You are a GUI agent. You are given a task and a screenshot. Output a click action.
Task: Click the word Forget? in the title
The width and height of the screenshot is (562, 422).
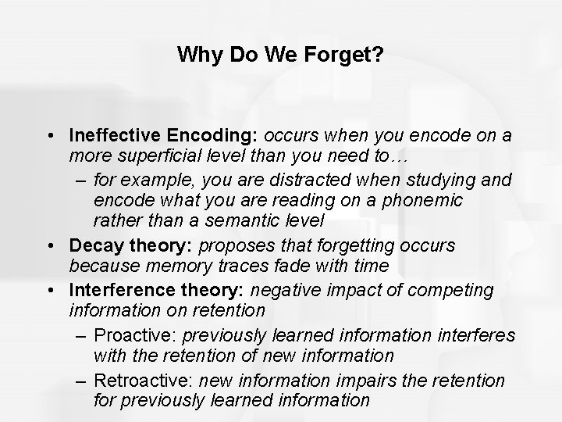click(x=345, y=55)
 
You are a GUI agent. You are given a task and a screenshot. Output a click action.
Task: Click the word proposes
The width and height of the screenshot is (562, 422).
click(x=233, y=245)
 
